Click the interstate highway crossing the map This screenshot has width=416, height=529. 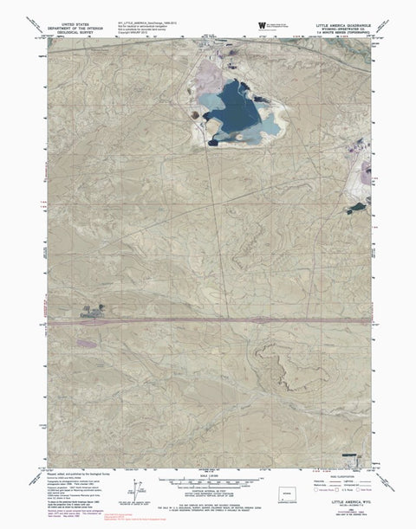pyautogui.click(x=208, y=321)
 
